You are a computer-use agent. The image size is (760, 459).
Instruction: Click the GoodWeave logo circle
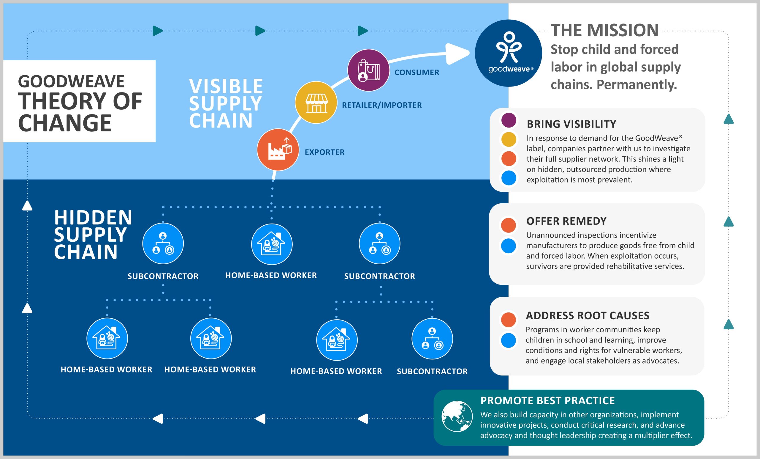508,53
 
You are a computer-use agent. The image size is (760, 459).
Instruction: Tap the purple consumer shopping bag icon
368,70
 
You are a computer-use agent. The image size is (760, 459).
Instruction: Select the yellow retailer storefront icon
316,103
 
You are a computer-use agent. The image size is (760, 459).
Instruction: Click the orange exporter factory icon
278,150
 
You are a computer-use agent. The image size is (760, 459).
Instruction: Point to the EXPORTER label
324,152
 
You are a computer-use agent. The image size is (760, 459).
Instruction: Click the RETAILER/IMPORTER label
381,105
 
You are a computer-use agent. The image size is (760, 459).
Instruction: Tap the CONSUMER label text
417,72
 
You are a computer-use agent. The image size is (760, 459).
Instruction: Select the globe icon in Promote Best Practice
457,416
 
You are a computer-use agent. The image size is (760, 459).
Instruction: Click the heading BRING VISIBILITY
571,124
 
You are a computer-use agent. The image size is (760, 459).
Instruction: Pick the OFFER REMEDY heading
566,221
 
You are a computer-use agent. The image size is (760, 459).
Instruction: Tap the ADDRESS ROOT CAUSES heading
588,315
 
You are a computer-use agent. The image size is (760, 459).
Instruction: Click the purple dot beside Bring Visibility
509,120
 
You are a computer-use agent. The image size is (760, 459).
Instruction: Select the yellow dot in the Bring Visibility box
509,140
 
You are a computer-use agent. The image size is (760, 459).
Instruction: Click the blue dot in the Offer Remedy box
508,246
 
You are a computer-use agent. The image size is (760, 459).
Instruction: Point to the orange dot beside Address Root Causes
508,320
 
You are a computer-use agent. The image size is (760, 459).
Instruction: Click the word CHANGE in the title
65,123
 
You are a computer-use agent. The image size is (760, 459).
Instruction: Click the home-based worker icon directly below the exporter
272,244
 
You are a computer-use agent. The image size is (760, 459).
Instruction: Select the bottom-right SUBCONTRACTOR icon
432,339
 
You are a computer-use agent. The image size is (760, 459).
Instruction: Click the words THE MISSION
604,30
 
